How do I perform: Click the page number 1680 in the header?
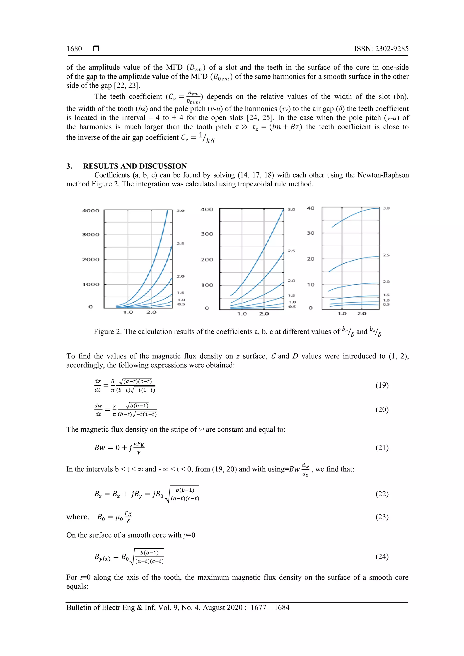[x=74, y=49]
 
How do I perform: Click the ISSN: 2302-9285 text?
[x=381, y=49]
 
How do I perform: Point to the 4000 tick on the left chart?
[x=90, y=211]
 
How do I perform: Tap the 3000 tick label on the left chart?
[x=90, y=235]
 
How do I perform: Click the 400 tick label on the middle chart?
[x=207, y=209]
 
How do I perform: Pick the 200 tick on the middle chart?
[x=207, y=260]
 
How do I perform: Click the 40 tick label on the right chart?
[x=311, y=208]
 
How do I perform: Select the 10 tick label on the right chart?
[x=311, y=285]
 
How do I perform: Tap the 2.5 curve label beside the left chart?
[x=180, y=244]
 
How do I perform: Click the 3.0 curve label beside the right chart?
[x=386, y=208]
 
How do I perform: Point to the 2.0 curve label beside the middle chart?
[x=291, y=281]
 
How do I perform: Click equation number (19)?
[x=382, y=385]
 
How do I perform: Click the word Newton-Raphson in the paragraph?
[x=383, y=175]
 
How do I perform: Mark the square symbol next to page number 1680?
[x=96, y=49]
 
